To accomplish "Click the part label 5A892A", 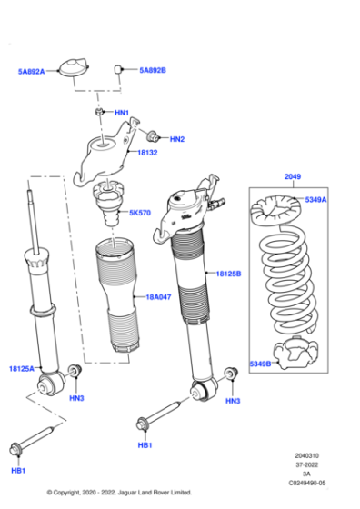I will tap(31, 71).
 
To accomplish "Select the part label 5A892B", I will tap(152, 70).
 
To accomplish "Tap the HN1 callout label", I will tap(122, 112).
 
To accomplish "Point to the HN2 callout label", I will tap(176, 139).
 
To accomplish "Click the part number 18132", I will tap(149, 155).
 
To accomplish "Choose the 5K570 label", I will tap(140, 213).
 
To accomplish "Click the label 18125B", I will tap(228, 273).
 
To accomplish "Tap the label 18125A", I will tap(22, 368).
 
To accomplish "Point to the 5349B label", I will tap(262, 364).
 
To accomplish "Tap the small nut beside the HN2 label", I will tap(153, 137).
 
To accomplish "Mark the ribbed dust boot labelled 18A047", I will tap(115, 300).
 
